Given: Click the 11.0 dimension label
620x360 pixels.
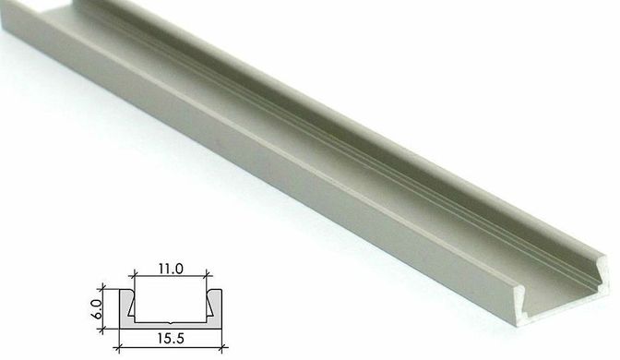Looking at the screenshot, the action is [x=171, y=269].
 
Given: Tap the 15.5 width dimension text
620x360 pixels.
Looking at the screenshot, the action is [x=171, y=339].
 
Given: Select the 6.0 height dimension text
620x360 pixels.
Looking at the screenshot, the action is [x=97, y=308].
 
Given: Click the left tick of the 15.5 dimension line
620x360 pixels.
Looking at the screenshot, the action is [x=119, y=348].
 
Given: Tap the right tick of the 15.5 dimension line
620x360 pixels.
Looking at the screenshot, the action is [x=222, y=348].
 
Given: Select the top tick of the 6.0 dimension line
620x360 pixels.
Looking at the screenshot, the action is [x=103, y=289].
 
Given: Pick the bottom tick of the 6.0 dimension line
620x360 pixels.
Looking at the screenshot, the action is [x=103, y=329].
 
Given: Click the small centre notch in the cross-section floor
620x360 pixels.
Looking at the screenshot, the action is [x=171, y=323].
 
